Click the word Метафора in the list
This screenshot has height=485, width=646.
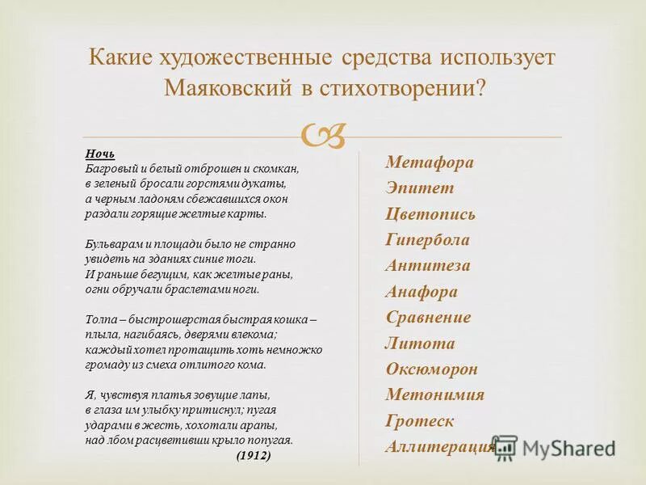(430, 162)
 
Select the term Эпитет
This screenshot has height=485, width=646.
(420, 188)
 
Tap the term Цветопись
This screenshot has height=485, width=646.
(430, 214)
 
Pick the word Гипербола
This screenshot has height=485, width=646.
(427, 240)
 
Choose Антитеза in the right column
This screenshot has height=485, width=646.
(428, 266)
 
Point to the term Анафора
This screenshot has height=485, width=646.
(422, 292)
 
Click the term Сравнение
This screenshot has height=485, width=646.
(428, 318)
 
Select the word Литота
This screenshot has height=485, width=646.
(420, 344)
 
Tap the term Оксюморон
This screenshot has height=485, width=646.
(431, 369)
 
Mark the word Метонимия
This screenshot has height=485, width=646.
(434, 395)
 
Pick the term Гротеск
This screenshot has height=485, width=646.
(420, 421)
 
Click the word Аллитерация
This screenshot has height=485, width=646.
(439, 447)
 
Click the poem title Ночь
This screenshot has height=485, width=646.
(100, 153)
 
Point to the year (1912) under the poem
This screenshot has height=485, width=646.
(254, 456)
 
